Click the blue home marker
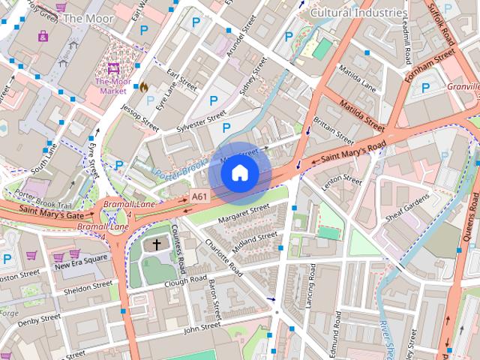239,172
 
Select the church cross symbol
157,244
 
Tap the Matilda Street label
361,112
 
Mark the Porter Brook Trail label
43,199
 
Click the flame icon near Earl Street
143,86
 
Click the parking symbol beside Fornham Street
425,88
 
